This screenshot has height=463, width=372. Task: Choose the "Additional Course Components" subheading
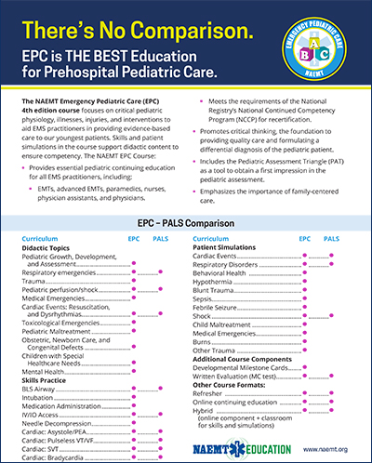[x=251, y=359]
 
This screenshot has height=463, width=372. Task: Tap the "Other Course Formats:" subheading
[x=233, y=385]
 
